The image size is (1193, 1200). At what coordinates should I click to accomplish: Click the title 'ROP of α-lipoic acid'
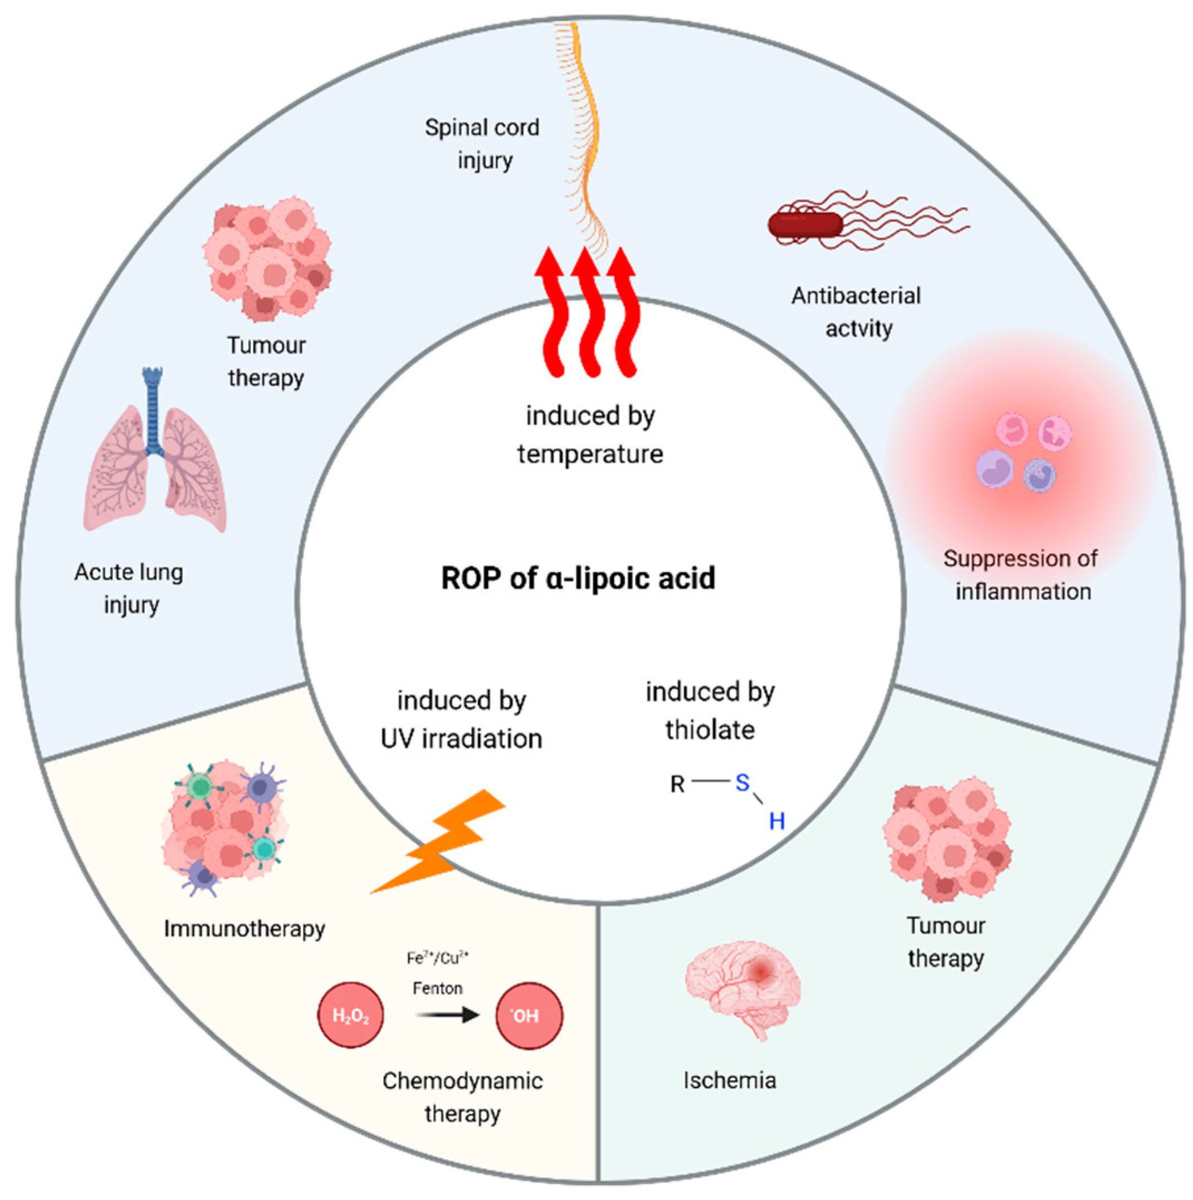click(578, 578)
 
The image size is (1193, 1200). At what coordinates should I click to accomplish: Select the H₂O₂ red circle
click(351, 1015)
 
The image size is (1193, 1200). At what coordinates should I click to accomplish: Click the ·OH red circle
click(529, 1015)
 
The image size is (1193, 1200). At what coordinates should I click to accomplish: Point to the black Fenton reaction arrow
click(447, 1015)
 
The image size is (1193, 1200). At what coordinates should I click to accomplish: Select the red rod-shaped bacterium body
click(805, 225)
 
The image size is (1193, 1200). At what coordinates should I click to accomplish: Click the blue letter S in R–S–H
click(742, 782)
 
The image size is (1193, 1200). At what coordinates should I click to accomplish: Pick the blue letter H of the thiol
click(777, 821)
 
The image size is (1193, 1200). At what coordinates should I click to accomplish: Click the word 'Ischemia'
click(730, 1081)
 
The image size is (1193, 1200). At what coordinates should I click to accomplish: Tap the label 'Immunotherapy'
click(244, 929)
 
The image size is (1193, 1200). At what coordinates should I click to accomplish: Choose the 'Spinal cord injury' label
click(483, 144)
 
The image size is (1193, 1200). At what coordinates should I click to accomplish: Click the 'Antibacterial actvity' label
click(856, 312)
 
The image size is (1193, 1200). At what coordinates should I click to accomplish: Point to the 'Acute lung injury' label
click(129, 587)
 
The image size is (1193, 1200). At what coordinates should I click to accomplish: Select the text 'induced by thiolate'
click(710, 711)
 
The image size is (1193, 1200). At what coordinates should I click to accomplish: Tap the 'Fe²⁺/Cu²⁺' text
click(437, 958)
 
